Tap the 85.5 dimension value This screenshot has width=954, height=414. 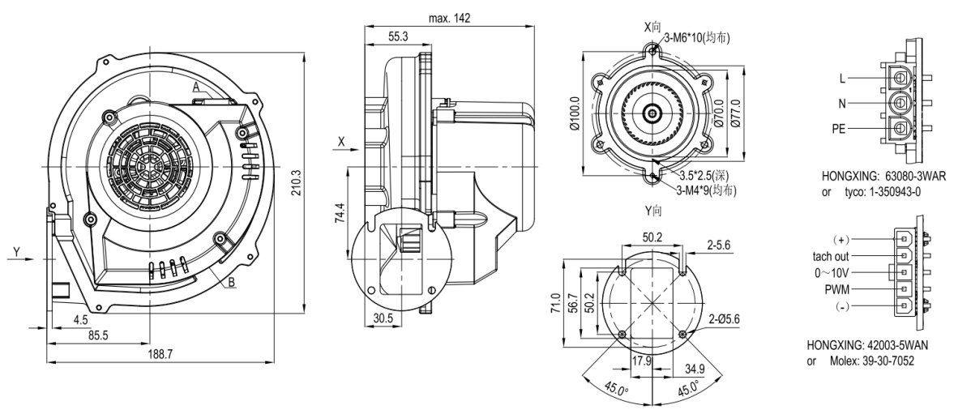point(98,335)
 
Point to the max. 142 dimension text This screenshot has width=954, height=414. point(449,19)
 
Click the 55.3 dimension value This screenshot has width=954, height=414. point(398,37)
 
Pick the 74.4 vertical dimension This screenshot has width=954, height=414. point(340,213)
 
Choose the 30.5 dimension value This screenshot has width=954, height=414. point(383,318)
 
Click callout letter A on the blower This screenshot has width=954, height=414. point(196,87)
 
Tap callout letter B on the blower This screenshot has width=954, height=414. point(231,281)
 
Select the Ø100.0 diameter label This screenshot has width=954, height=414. point(575,113)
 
